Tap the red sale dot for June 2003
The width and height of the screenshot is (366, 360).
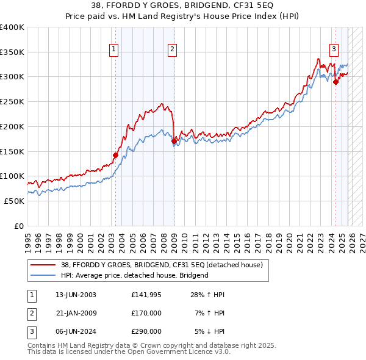[115, 155]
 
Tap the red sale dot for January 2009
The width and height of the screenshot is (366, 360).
[174, 141]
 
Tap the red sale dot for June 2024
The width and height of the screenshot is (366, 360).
[335, 82]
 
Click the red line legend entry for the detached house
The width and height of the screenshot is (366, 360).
[162, 265]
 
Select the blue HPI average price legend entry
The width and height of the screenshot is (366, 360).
[134, 275]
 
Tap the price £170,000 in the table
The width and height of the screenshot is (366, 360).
[146, 313]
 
